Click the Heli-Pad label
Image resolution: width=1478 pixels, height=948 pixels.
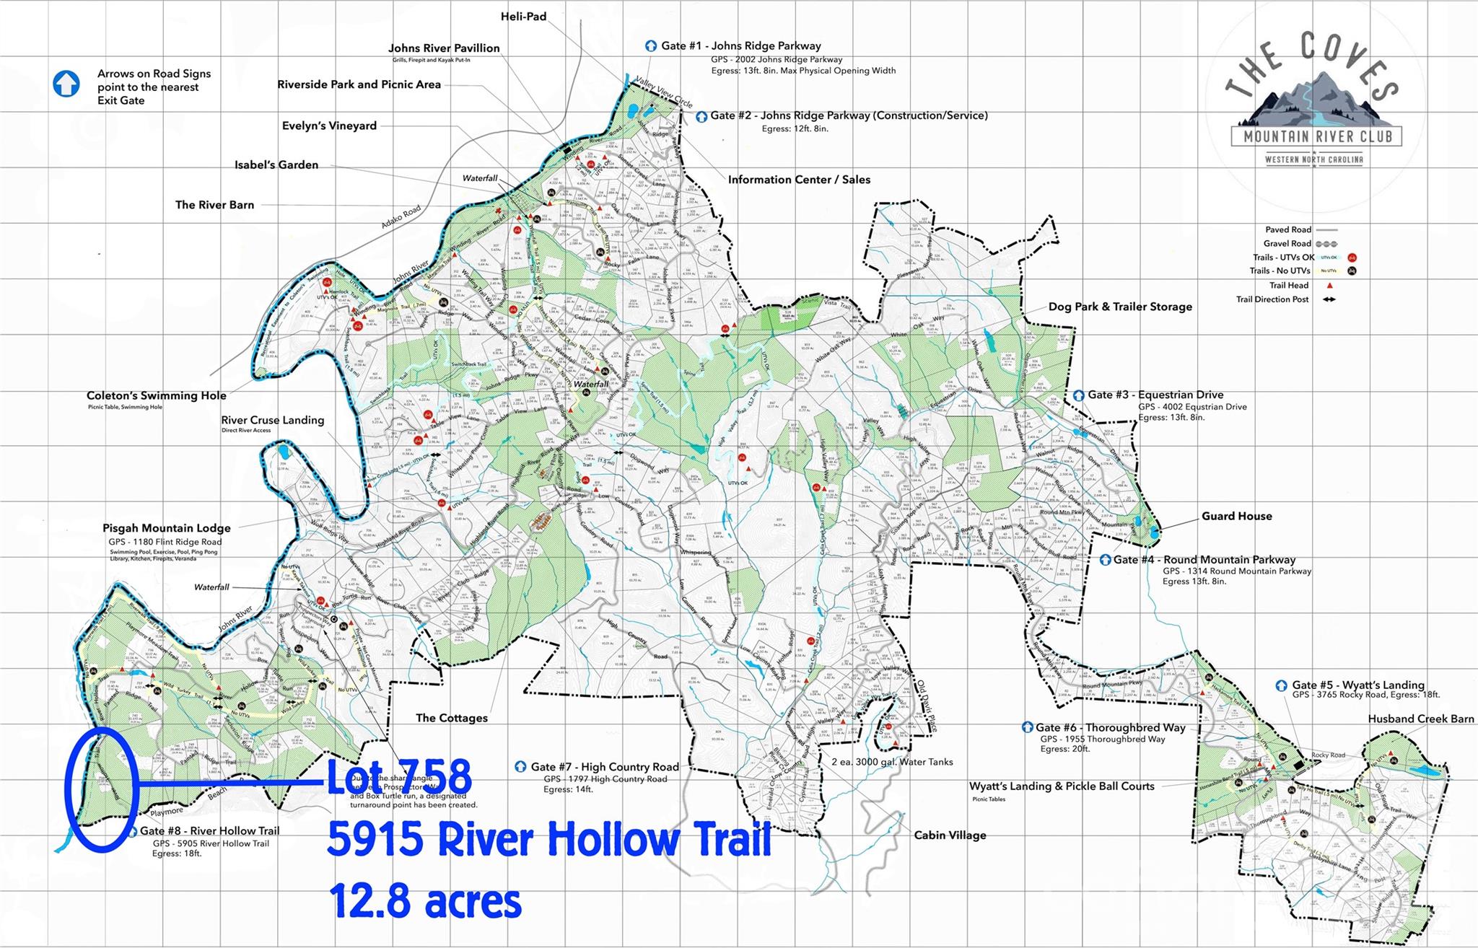(x=523, y=16)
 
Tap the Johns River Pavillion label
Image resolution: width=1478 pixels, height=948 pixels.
(x=444, y=48)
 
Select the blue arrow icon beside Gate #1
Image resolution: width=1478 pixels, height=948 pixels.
(x=651, y=45)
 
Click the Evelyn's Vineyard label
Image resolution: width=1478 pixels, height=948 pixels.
(x=329, y=126)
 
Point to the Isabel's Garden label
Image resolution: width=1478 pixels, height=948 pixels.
(x=276, y=164)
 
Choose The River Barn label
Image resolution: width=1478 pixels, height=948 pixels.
(x=214, y=205)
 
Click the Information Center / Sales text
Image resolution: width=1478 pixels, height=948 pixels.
(x=799, y=180)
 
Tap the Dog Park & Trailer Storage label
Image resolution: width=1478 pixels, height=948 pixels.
(x=1120, y=307)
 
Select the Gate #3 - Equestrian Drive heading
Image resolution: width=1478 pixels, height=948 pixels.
(x=1155, y=395)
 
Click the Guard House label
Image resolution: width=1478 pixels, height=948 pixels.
(x=1236, y=516)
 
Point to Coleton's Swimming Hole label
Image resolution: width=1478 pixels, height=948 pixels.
(x=157, y=395)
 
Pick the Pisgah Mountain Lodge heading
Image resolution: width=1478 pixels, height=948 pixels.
(x=167, y=528)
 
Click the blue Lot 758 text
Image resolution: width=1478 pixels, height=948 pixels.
(x=399, y=777)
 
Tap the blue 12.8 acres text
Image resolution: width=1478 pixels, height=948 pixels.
(x=424, y=901)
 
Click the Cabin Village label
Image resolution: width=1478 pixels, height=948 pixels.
(x=950, y=835)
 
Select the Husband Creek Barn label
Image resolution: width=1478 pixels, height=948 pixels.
(x=1420, y=719)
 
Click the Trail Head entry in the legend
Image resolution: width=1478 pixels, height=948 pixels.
(x=1289, y=285)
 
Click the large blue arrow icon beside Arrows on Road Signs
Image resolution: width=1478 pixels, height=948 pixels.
(x=66, y=84)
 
